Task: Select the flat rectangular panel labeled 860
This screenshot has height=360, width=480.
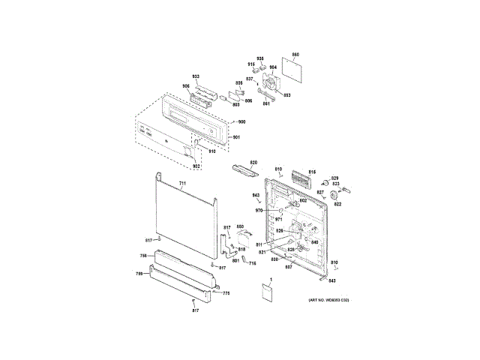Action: tap(292, 71)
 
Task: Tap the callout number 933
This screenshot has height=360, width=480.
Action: tap(196, 77)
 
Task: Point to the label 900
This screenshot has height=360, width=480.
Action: tap(241, 121)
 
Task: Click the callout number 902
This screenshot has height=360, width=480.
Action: tap(197, 166)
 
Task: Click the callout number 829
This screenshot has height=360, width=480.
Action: tap(335, 177)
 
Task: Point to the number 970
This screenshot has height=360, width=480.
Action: tap(259, 211)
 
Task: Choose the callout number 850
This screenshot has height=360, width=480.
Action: tap(240, 226)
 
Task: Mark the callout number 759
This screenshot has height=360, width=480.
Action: tap(139, 274)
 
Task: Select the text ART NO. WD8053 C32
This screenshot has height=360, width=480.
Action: tap(329, 300)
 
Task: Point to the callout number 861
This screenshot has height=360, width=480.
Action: tap(265, 103)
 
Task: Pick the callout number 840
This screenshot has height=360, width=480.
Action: tap(315, 242)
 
